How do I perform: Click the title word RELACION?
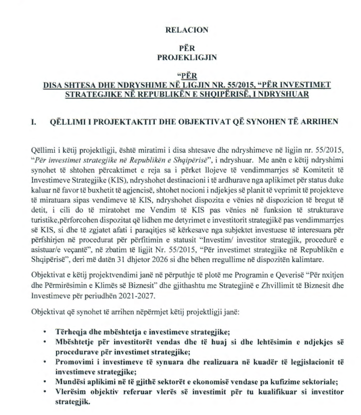pos(186,30)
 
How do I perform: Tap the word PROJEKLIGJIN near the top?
pos(186,58)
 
